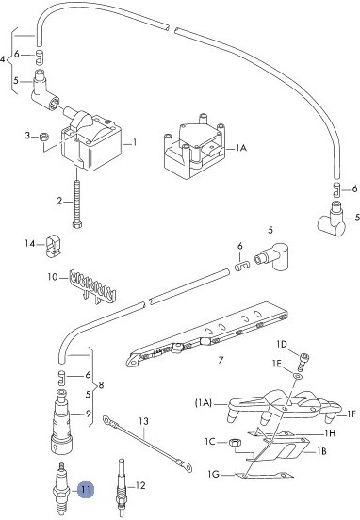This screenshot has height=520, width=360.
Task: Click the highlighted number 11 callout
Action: coord(86,490)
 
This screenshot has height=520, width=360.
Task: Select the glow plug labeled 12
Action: coord(122,488)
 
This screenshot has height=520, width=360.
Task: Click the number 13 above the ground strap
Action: coord(143,421)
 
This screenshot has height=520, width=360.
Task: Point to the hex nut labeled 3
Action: coord(44,136)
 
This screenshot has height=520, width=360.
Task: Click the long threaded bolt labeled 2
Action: coord(77,203)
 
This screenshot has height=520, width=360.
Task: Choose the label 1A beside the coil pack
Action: coord(241,148)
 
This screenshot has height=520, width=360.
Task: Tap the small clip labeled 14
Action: coord(53,246)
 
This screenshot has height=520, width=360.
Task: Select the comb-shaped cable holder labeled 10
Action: coord(92,286)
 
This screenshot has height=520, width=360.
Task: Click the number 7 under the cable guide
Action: coord(221,359)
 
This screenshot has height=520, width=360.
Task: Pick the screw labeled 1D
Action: coord(303,362)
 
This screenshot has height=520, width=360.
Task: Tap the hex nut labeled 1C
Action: coord(236,443)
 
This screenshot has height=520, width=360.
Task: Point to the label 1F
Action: coord(352,414)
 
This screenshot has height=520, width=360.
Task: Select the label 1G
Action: coord(214,474)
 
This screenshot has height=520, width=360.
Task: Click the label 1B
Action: coord(320,451)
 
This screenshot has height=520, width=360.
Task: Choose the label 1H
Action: coord(330,432)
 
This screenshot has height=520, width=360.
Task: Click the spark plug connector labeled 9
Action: coord(61,421)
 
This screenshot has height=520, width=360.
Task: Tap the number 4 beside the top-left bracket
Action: coord(3,59)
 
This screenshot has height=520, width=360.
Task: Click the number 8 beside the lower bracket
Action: coord(101,385)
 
